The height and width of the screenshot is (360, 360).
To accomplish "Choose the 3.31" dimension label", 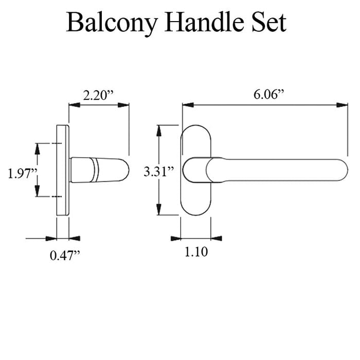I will tap(159, 171).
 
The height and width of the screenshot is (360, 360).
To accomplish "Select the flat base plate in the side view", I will tap(62, 170).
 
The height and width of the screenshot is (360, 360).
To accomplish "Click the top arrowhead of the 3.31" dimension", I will tap(161, 130).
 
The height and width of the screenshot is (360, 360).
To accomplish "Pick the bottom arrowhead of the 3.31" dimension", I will tap(161, 211).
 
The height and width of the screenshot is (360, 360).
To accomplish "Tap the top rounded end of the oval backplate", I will tap(196, 130).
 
